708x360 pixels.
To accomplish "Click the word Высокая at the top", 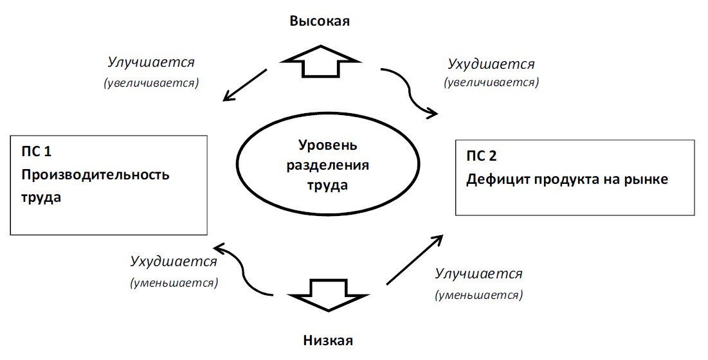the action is [x=320, y=21].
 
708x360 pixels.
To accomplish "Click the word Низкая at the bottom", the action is [x=328, y=339].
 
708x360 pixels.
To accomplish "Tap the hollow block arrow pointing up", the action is [x=320, y=61].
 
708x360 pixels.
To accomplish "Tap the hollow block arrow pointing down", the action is [x=328, y=295].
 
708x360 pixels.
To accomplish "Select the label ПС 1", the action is [x=36, y=151].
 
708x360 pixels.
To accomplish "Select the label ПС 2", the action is [x=482, y=156].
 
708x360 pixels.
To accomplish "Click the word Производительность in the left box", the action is [x=95, y=175].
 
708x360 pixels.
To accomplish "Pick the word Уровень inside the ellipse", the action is [x=328, y=145].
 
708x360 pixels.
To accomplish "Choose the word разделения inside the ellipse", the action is [x=328, y=165].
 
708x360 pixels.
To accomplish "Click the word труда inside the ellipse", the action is [x=328, y=185].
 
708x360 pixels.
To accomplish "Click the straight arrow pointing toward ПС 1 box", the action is [x=246, y=85].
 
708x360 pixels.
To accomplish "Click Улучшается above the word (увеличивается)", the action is [x=151, y=62].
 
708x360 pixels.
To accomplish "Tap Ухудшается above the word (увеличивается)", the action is [x=491, y=64].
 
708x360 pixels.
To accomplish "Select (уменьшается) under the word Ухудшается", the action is [x=174, y=283].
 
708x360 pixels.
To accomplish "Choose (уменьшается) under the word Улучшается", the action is [x=478, y=295].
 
